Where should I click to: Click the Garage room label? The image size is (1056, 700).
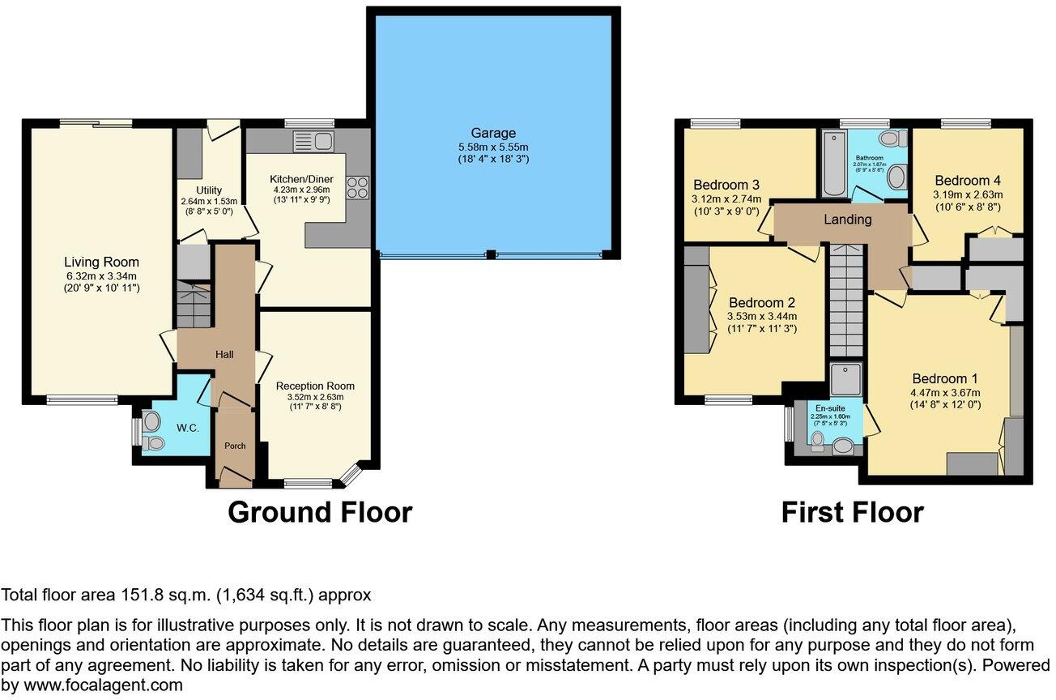click(493, 133)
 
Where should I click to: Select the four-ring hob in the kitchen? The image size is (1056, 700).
click(357, 188)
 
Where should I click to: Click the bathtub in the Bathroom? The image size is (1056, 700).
click(834, 166)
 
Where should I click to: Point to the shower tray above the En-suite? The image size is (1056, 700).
click(846, 378)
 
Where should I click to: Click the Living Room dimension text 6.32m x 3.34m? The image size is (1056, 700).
click(101, 276)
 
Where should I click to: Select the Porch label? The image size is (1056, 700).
click(234, 446)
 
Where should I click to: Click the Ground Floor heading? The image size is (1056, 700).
click(320, 512)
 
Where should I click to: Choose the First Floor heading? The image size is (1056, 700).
click(852, 512)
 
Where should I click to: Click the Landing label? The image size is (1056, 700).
click(848, 219)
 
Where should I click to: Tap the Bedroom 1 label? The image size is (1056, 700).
click(945, 378)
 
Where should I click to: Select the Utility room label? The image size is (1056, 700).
click(203, 190)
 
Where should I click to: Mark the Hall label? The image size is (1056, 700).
click(224, 355)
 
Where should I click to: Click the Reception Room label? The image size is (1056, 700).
click(315, 386)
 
